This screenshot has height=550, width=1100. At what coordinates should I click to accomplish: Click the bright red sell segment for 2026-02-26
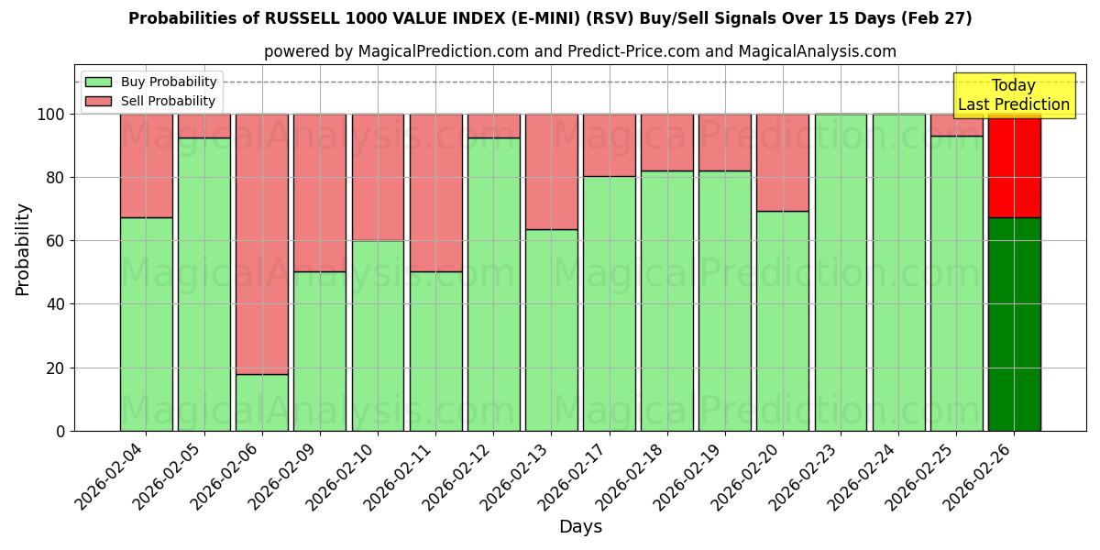pyautogui.click(x=1014, y=166)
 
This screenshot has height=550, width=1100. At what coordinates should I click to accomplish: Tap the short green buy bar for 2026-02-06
pyautogui.click(x=261, y=402)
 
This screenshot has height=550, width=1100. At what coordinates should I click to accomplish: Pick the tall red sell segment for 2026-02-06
pyautogui.click(x=261, y=244)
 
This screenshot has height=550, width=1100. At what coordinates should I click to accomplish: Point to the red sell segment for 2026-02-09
pyautogui.click(x=319, y=192)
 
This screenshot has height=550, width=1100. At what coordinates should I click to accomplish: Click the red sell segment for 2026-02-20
pyautogui.click(x=782, y=162)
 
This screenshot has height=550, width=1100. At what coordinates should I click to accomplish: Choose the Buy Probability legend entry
pyautogui.click(x=151, y=82)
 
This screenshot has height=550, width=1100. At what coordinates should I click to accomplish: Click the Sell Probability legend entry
pyautogui.click(x=151, y=101)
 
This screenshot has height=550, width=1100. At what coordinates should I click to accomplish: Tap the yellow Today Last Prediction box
pyautogui.click(x=1013, y=95)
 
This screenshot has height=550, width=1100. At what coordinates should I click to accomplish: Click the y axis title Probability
pyautogui.click(x=23, y=248)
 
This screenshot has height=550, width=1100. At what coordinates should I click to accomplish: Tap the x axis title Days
pyautogui.click(x=580, y=527)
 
